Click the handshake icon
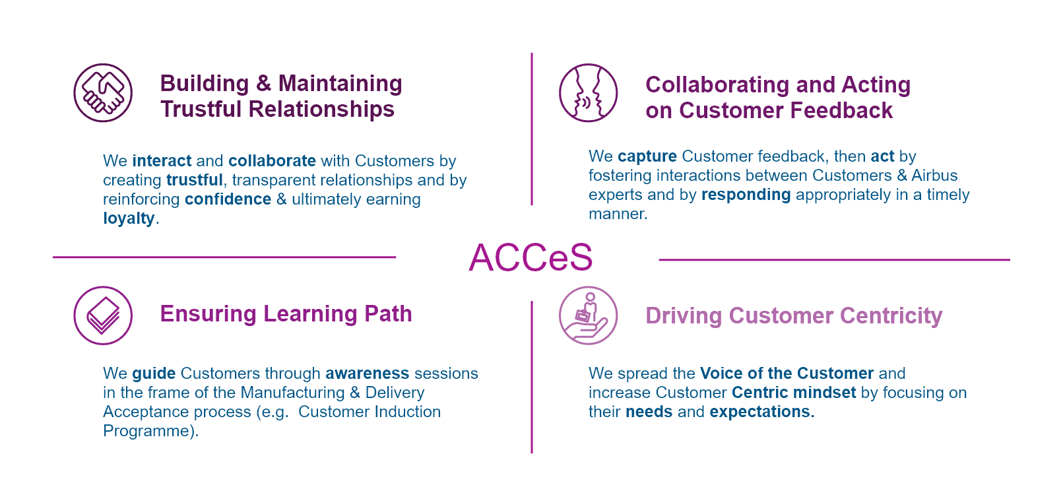[103, 93]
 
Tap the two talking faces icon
[588, 93]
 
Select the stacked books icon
[103, 315]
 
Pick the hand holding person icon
[588, 315]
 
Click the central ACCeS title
[531, 257]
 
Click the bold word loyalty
[129, 219]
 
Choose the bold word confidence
[228, 199]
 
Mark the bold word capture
[647, 156]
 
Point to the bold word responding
[746, 195]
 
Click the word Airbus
[934, 176]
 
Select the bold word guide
[154, 374]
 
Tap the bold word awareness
[368, 374]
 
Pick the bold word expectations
[761, 412]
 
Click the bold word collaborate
[272, 161]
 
